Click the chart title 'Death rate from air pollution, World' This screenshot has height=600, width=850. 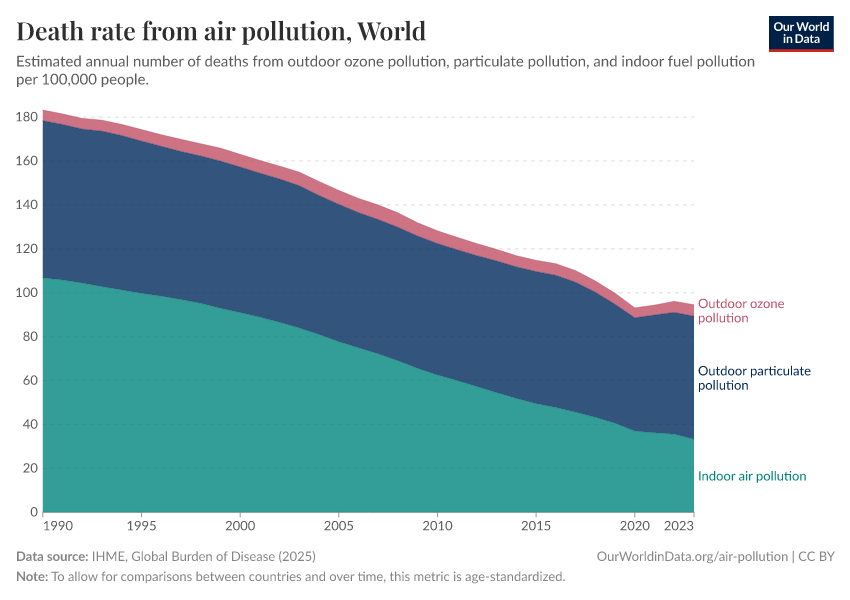click(x=221, y=31)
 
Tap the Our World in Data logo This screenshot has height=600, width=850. click(x=800, y=33)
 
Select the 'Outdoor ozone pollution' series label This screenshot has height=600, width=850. click(x=741, y=311)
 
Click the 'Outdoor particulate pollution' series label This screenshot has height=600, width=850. click(x=753, y=378)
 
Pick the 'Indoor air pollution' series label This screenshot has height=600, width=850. click(x=751, y=476)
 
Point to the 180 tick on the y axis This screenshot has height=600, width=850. click(x=28, y=117)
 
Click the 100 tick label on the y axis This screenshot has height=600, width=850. click(x=28, y=293)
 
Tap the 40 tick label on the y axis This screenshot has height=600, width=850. click(x=31, y=425)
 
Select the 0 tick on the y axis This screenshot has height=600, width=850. click(x=34, y=513)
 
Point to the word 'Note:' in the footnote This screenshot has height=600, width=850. click(x=33, y=577)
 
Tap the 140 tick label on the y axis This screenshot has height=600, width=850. click(x=28, y=205)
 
